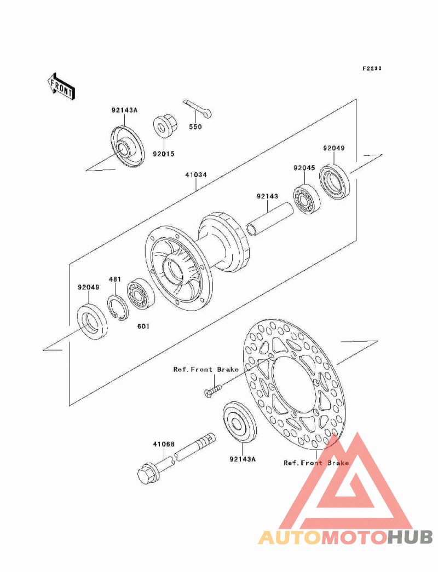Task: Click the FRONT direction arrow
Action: [x=61, y=86]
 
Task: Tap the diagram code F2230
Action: [x=372, y=68]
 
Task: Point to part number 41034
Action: [x=196, y=175]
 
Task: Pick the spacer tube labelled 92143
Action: [x=270, y=220]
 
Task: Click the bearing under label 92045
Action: [x=307, y=199]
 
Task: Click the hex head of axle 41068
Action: [x=148, y=474]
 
